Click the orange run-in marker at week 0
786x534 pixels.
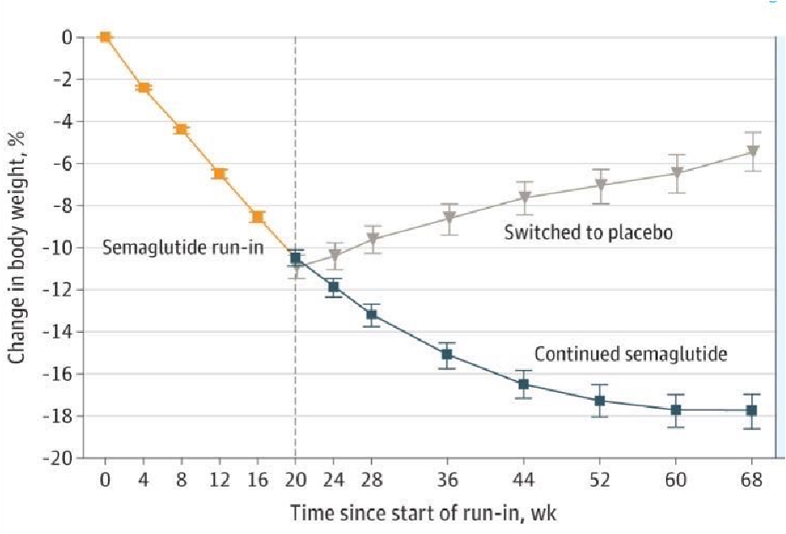point(105,36)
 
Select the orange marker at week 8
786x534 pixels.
point(181,129)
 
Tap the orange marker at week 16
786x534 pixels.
point(257,217)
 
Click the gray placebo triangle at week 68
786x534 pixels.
point(752,152)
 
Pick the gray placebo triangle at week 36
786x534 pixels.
point(449,218)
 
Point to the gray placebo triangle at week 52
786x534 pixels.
point(601,186)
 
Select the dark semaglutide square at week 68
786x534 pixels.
point(752,411)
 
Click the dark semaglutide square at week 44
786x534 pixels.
point(523,384)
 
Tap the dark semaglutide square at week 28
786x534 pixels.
point(371,315)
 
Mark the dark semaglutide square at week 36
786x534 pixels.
point(448,355)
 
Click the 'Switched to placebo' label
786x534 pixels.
point(588,232)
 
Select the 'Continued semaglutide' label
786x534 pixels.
point(630,354)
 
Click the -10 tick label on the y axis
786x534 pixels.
point(69,248)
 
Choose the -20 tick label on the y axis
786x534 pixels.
point(69,458)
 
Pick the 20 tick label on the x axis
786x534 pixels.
point(295,481)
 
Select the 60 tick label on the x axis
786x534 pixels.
point(676,481)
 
